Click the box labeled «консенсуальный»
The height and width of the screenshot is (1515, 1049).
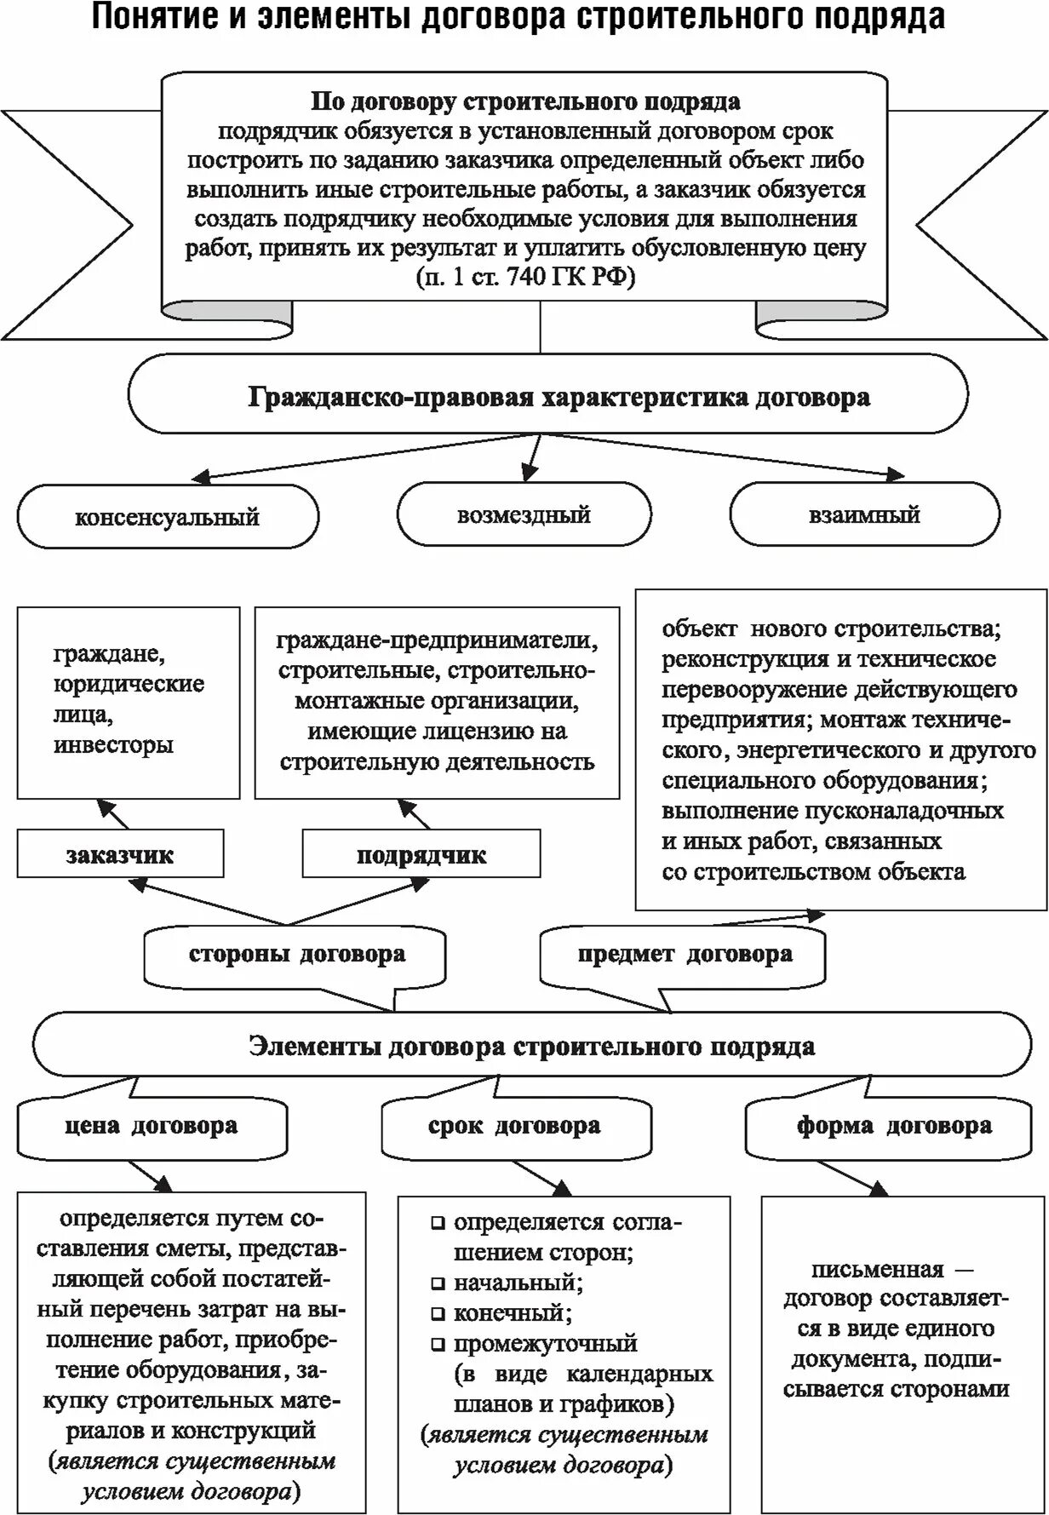168,517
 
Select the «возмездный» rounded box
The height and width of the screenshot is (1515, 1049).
524,515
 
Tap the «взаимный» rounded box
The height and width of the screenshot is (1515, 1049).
864,515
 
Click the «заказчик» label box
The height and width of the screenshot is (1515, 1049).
120,855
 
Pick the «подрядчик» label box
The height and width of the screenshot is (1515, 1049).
421,855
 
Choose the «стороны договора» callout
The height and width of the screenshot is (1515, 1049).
296,955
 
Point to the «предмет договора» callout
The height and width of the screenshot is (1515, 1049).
684,955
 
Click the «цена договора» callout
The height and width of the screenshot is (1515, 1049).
152,1127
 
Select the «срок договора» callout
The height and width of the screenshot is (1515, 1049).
514,1127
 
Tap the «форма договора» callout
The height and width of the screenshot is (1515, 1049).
894,1127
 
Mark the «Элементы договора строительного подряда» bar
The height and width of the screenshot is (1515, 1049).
531,1046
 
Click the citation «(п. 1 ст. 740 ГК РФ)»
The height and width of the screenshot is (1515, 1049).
525,278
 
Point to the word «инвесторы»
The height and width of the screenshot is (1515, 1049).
113,744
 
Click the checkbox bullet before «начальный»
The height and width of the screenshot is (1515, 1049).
438,1283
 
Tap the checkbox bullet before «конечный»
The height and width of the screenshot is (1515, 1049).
438,1314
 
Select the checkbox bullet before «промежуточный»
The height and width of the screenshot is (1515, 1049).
438,1345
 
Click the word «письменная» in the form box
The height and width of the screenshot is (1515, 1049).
877,1270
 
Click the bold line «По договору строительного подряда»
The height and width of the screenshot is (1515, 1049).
524,102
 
